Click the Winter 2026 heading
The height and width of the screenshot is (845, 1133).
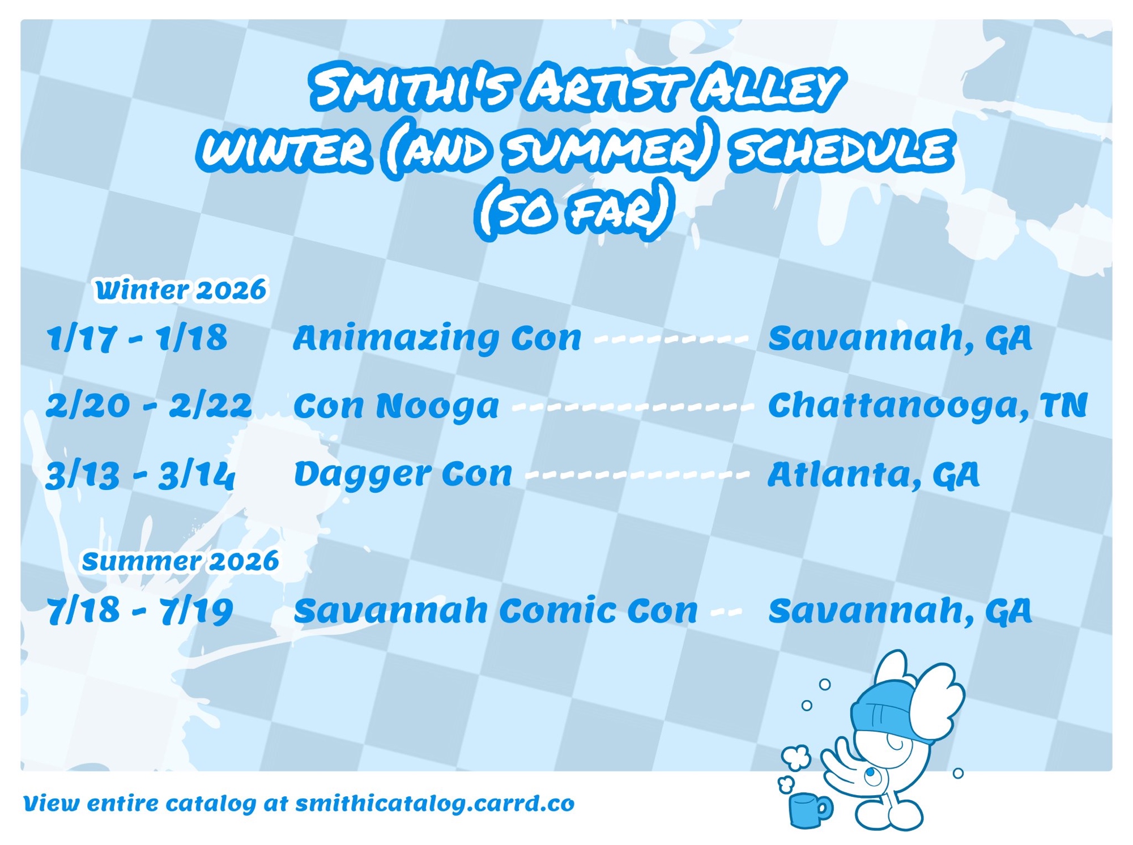181,290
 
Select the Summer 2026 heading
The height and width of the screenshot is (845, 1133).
181,561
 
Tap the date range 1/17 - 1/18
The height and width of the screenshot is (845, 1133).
137,338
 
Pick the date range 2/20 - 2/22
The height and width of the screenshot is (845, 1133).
149,406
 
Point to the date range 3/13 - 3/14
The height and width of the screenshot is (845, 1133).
140,475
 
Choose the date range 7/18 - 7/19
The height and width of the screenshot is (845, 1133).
140,611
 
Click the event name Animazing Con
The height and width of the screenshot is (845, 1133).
437,339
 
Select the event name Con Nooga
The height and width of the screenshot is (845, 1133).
396,407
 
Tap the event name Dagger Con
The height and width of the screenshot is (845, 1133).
403,475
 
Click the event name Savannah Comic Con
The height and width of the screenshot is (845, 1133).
496,611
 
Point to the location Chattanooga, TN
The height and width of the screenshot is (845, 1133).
927,406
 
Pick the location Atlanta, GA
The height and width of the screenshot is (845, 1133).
873,475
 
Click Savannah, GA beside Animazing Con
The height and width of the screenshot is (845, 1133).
900,338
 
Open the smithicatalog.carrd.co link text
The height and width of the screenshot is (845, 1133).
435,804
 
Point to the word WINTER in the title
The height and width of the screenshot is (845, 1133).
285,150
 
